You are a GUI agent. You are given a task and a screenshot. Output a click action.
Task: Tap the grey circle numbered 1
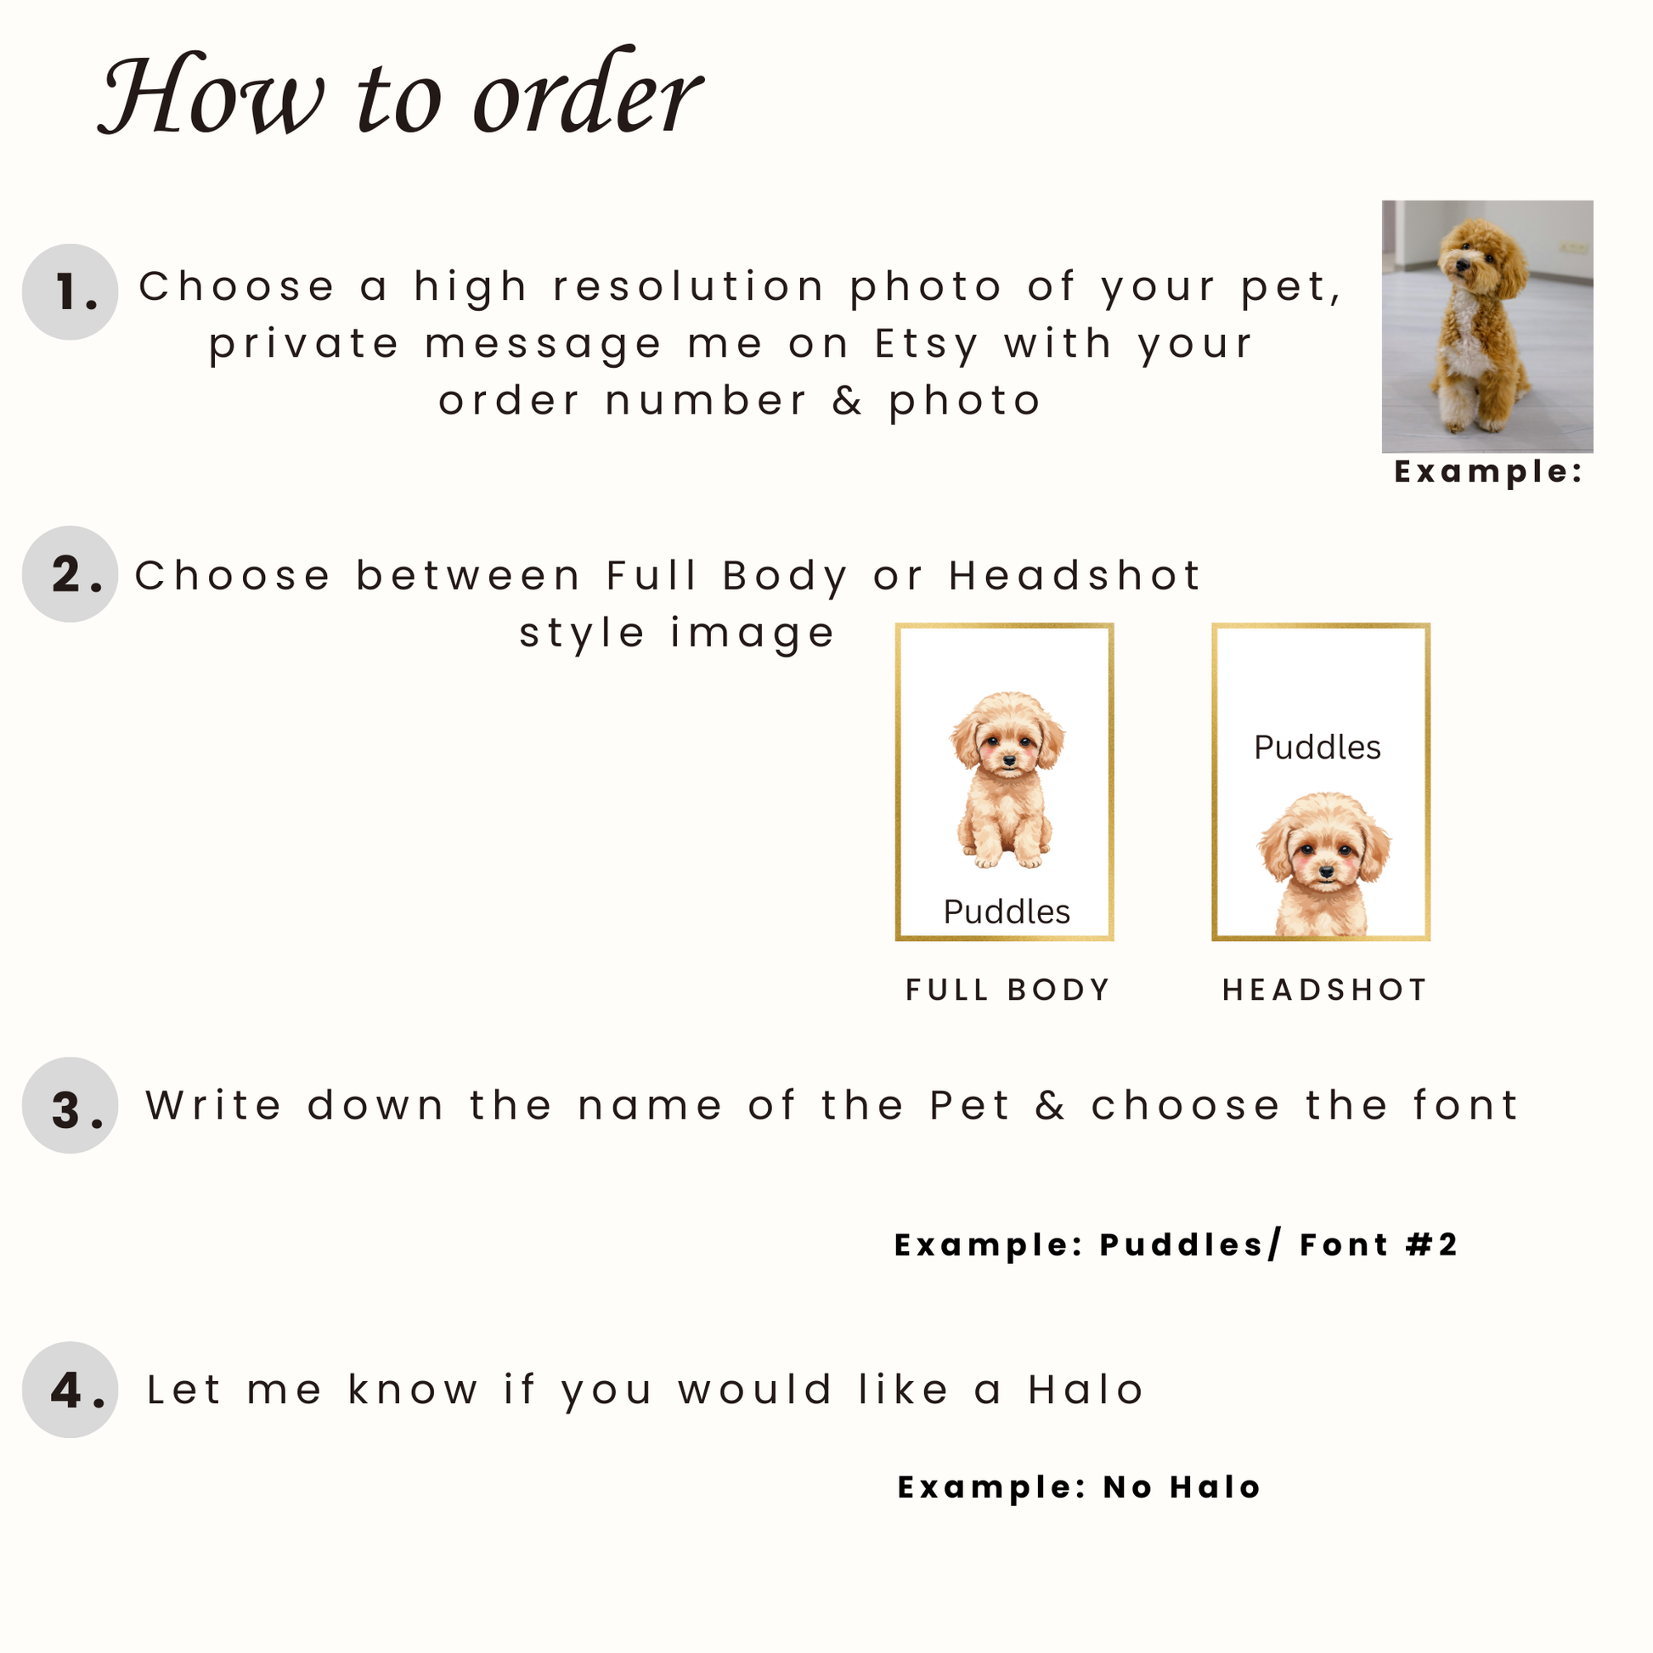[x=71, y=291]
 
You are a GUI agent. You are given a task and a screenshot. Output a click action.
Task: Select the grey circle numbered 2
[x=71, y=574]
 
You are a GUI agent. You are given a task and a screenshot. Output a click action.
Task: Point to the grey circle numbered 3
[x=71, y=1105]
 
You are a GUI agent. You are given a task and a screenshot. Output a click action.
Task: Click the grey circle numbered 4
[x=71, y=1390]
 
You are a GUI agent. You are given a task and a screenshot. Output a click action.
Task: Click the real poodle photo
[x=1487, y=326]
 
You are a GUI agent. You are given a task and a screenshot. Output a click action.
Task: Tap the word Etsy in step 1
[x=927, y=344]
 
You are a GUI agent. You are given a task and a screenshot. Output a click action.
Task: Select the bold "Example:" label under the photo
[x=1489, y=472]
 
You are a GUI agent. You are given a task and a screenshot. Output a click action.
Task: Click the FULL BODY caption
[x=1007, y=990]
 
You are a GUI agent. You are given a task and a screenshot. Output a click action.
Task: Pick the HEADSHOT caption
[x=1324, y=990]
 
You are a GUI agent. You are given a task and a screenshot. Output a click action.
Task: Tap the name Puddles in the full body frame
[x=1007, y=911]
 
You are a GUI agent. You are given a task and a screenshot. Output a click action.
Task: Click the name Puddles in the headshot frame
[x=1317, y=747]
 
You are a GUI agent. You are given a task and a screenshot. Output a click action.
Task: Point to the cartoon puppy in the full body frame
[x=1007, y=780]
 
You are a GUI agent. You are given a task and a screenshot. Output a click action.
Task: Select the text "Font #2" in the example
[x=1378, y=1245]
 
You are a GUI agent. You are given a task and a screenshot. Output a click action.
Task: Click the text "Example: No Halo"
[x=1079, y=1488]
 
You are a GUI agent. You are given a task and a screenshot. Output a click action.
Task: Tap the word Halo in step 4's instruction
[x=1086, y=1390]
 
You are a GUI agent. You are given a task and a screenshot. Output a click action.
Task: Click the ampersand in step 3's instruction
[x=1050, y=1105]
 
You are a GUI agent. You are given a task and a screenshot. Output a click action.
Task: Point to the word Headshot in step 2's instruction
[x=1075, y=575]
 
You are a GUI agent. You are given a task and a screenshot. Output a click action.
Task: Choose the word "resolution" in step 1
[x=689, y=286]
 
